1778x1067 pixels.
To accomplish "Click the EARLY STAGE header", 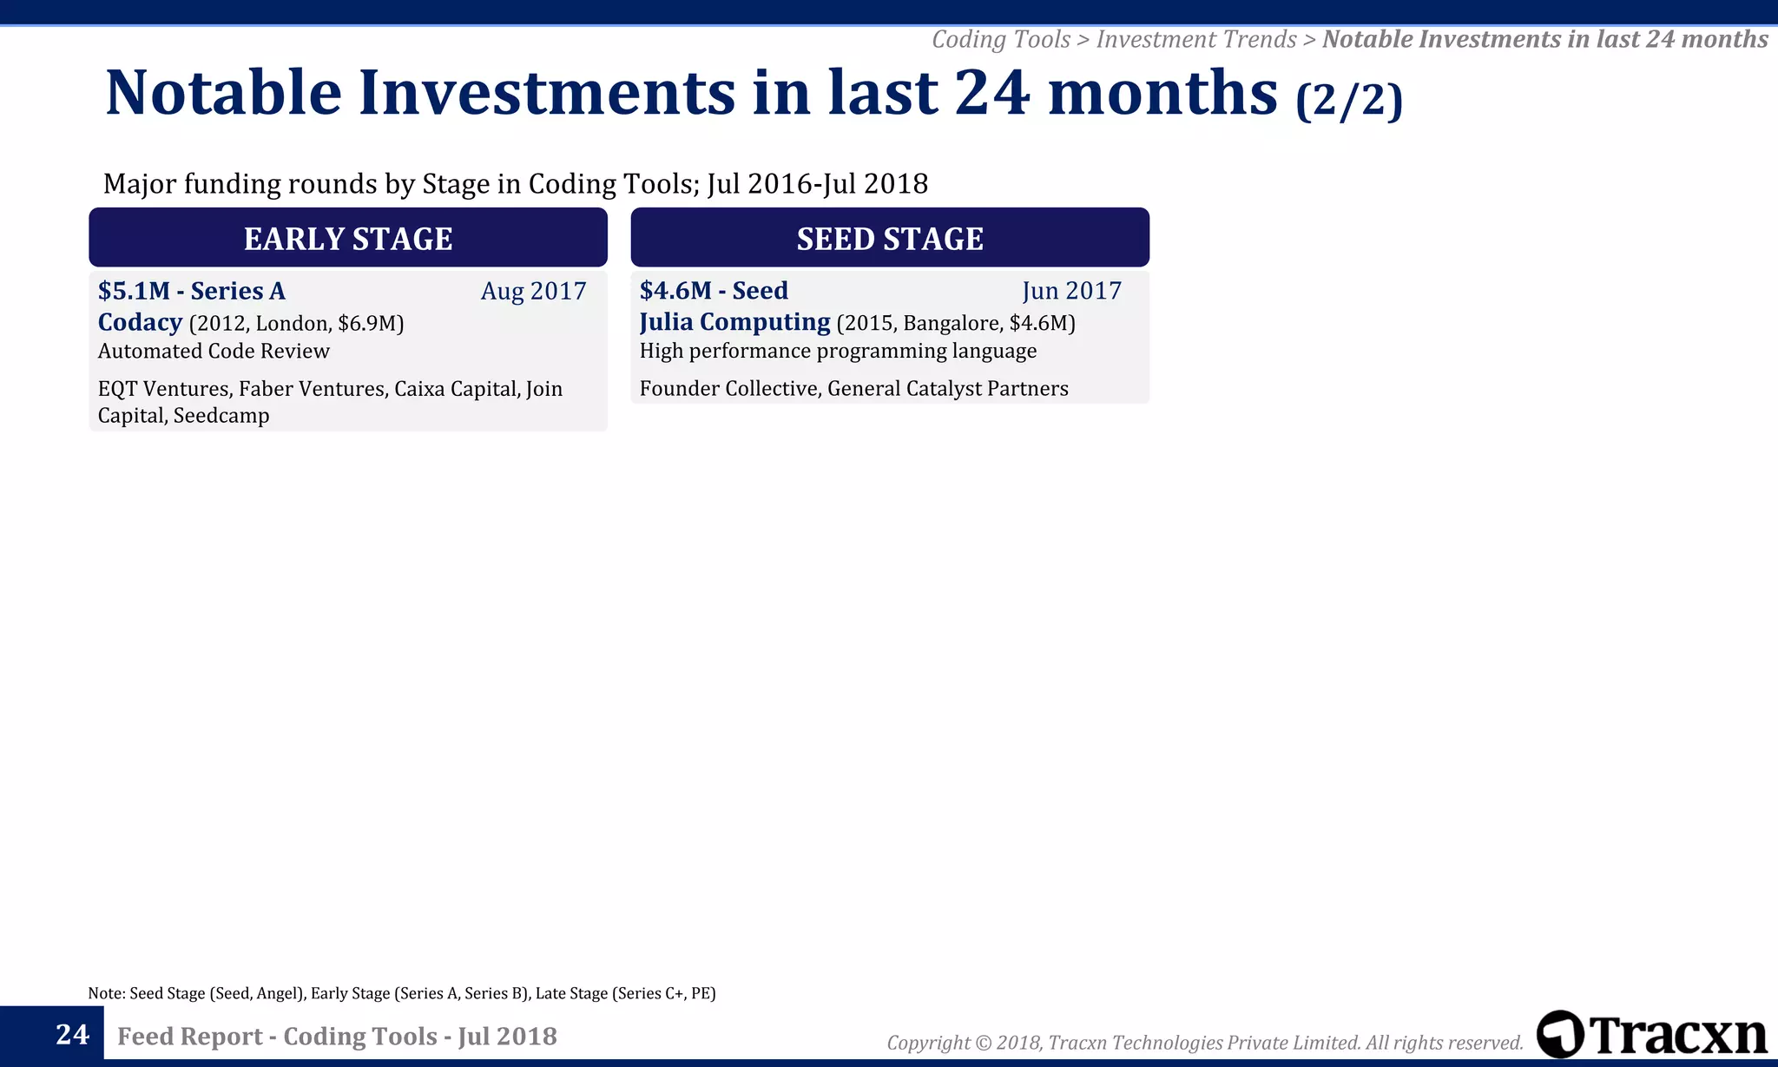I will pyautogui.click(x=347, y=238).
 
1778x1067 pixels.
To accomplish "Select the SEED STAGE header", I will pyautogui.click(x=890, y=238).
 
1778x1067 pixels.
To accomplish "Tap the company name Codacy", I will pyautogui.click(x=140, y=322).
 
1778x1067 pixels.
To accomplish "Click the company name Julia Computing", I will pyautogui.click(x=734, y=322).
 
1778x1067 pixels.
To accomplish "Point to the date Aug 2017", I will pyautogui.click(x=533, y=291).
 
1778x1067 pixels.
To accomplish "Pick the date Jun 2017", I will pyautogui.click(x=1071, y=291).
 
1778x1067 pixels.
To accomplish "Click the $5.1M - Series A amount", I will pyautogui.click(x=191, y=291).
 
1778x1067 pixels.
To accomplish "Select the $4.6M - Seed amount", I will pyautogui.click(x=714, y=291).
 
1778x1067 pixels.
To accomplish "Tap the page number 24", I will pyautogui.click(x=72, y=1034).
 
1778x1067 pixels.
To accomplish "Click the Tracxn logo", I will pyautogui.click(x=1651, y=1034).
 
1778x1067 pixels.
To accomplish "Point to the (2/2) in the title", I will pyautogui.click(x=1348, y=99).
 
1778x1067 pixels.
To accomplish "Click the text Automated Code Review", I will pyautogui.click(x=214, y=351).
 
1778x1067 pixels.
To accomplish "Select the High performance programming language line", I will pyautogui.click(x=838, y=351).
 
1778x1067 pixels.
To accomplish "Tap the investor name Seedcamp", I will pyautogui.click(x=221, y=415).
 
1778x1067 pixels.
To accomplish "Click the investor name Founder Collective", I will pyautogui.click(x=728, y=388).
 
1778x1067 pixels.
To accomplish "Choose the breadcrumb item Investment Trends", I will pyautogui.click(x=1195, y=39).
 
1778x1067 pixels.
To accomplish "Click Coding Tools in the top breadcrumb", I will pyautogui.click(x=1000, y=39).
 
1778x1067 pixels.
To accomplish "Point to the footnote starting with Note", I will pyautogui.click(x=401, y=993).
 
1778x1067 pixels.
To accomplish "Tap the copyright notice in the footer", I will pyautogui.click(x=1204, y=1042).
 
